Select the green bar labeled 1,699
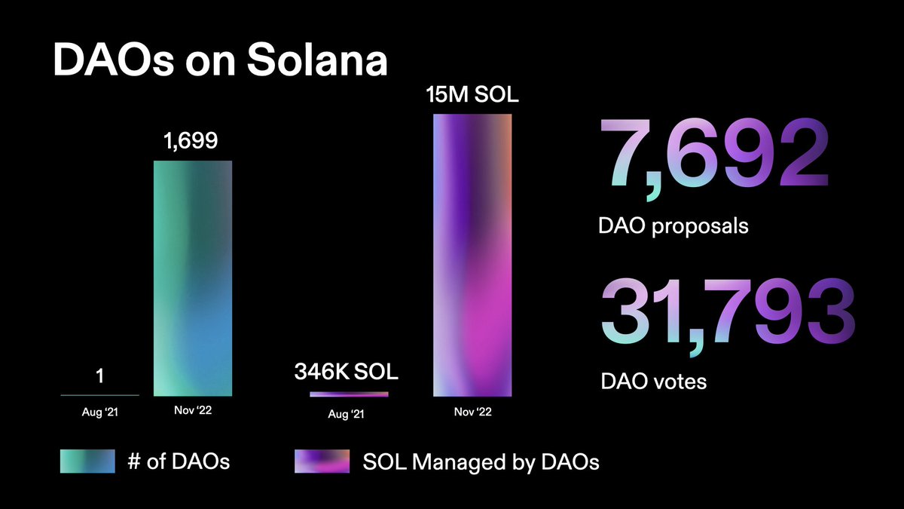click(193, 278)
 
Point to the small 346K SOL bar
click(349, 394)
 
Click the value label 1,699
click(191, 141)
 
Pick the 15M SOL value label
click(472, 96)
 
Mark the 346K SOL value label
click(346, 373)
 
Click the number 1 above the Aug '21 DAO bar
click(99, 375)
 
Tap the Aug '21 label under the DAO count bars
click(100, 413)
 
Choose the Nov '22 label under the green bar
click(192, 412)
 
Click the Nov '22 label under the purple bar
click(472, 413)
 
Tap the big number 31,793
click(727, 310)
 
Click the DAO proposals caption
click(674, 225)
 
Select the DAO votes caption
click(654, 381)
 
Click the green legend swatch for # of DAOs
click(87, 461)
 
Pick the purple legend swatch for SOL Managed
click(322, 461)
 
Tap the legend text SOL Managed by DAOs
click(481, 461)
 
